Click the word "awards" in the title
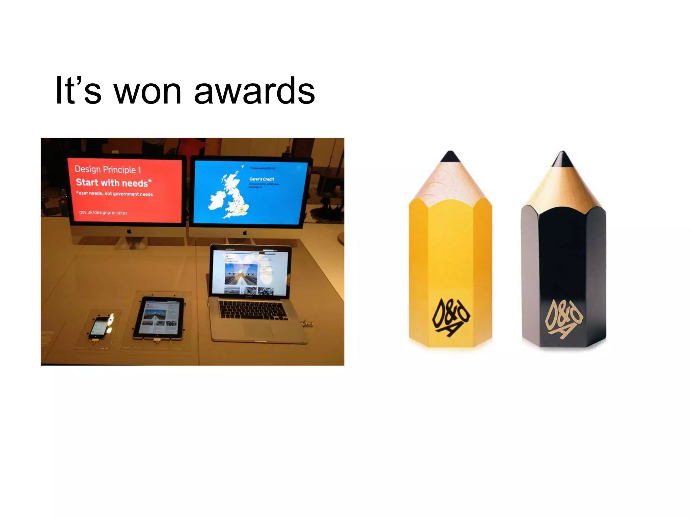click(254, 91)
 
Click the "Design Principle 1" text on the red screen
click(108, 169)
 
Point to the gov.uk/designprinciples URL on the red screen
click(103, 212)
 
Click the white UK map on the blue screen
click(229, 196)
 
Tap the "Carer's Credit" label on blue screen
click(262, 179)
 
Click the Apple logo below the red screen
click(129, 231)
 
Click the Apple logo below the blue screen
click(245, 233)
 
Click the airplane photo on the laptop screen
click(241, 274)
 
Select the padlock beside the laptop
click(307, 324)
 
